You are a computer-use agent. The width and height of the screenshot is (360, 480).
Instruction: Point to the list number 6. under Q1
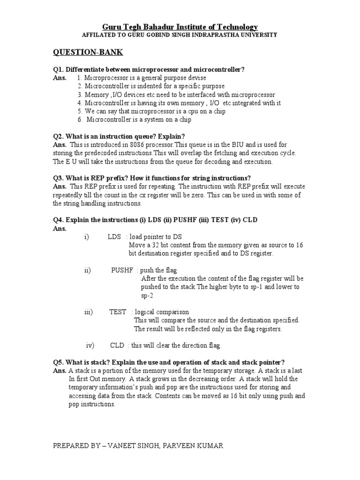[80, 120]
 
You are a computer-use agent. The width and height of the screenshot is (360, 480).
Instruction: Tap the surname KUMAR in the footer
[208, 446]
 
